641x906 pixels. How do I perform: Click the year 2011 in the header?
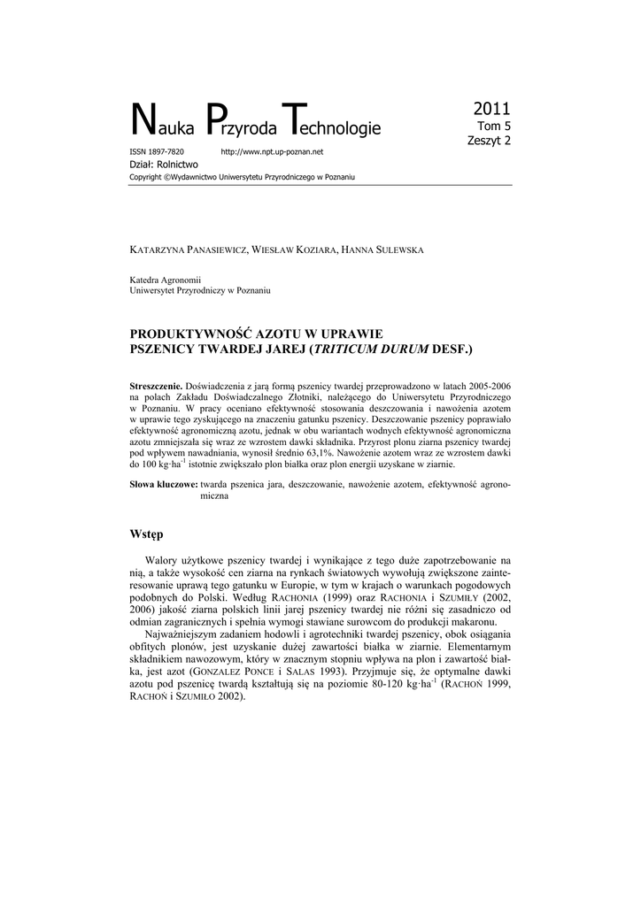click(x=491, y=109)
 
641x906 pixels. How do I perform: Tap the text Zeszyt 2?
click(x=489, y=140)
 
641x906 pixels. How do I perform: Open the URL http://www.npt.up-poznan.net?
click(x=272, y=152)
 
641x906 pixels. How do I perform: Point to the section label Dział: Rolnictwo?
click(x=164, y=165)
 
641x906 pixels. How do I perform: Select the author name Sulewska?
click(x=393, y=250)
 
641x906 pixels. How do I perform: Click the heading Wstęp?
click(x=147, y=534)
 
